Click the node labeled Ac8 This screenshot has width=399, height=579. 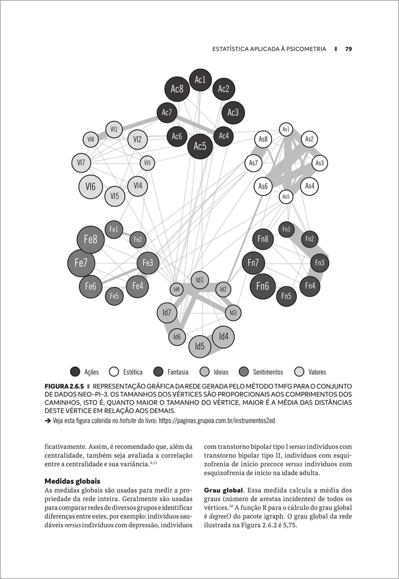pyautogui.click(x=177, y=89)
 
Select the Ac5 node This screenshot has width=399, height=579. pyautogui.click(x=200, y=146)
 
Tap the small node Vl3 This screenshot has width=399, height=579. pyautogui.click(x=147, y=163)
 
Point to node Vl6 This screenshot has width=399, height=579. pyautogui.click(x=91, y=187)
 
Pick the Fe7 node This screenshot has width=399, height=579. pyautogui.click(x=81, y=263)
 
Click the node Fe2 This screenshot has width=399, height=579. pyautogui.click(x=138, y=239)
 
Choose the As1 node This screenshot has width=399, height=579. pyautogui.click(x=286, y=129)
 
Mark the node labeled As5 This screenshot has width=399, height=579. pyautogui.click(x=286, y=196)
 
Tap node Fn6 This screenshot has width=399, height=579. pyautogui.click(x=262, y=286)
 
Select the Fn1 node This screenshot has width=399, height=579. pyautogui.click(x=286, y=229)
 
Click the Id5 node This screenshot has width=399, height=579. pyautogui.click(x=200, y=346)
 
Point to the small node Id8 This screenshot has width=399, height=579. pyautogui.click(x=176, y=289)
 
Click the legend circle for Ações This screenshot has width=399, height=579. pyautogui.click(x=75, y=372)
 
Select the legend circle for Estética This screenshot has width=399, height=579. pyautogui.click(x=114, y=372)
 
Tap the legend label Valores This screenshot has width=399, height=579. pyautogui.click(x=317, y=372)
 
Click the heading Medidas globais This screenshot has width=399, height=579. pyautogui.click(x=72, y=481)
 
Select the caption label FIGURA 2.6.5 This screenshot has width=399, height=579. pyautogui.click(x=65, y=386)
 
